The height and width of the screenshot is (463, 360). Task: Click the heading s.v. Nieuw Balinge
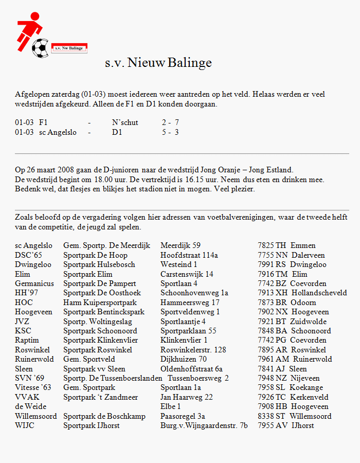pos(158,63)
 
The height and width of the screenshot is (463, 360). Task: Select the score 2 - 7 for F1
pos(170,122)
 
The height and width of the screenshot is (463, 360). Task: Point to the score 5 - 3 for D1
pos(170,132)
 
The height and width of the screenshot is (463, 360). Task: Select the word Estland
pos(279,170)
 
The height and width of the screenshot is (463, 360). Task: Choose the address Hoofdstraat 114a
pos(189,255)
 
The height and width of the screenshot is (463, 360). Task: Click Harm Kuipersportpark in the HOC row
pos(100,302)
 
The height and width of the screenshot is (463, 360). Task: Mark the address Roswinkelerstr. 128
pos(193,350)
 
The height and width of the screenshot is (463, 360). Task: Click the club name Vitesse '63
pos(33,387)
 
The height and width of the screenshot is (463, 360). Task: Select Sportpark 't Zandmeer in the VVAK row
pos(100,397)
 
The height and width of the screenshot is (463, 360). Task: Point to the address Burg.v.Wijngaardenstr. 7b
pos(204,425)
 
